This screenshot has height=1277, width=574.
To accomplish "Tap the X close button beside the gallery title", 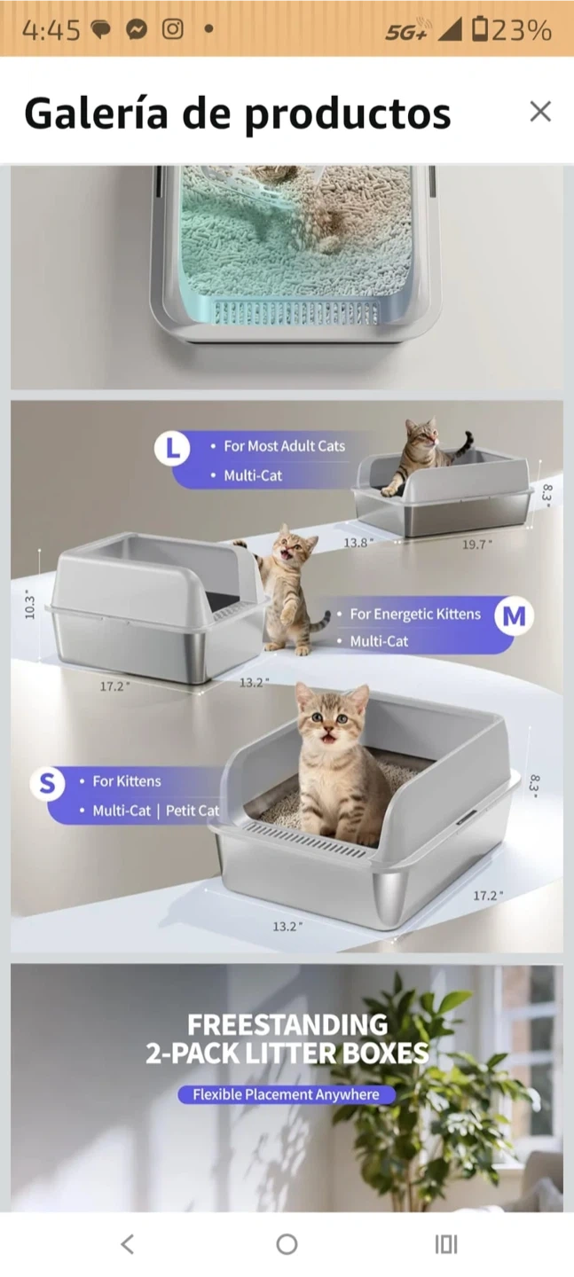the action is tap(539, 112).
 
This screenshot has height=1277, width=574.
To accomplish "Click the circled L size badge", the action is tap(172, 448).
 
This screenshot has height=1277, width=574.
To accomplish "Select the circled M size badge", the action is tap(514, 615).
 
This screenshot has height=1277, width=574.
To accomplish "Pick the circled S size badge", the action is tap(48, 784).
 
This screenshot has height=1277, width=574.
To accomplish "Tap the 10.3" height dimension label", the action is tap(30, 607).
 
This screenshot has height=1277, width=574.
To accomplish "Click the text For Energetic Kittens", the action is tap(415, 614).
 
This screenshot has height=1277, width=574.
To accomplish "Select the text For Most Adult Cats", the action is tap(284, 446).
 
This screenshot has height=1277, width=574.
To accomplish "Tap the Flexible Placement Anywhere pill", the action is tap(287, 1094).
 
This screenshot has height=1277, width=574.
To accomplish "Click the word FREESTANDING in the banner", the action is tap(287, 1024).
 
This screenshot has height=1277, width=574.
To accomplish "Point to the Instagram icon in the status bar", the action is tap(173, 28).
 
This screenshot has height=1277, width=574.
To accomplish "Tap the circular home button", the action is tap(287, 1244).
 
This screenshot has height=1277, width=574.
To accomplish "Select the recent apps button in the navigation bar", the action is tap(446, 1244).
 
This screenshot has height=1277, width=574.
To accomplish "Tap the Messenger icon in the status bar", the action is tap(137, 28).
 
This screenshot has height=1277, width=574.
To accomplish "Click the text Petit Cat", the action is tap(193, 811).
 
